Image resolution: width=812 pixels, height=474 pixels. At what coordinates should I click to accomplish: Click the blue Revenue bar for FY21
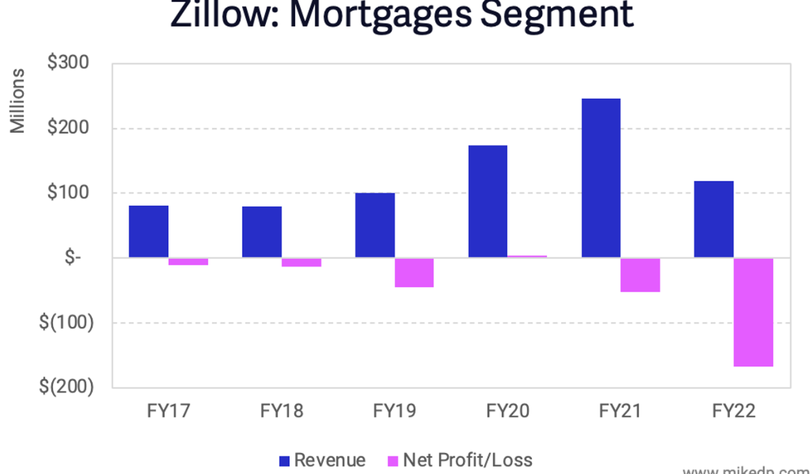pyautogui.click(x=601, y=178)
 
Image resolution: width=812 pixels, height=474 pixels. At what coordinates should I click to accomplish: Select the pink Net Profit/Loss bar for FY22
pyautogui.click(x=754, y=312)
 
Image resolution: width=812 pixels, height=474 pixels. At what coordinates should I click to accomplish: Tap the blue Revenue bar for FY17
pyautogui.click(x=148, y=232)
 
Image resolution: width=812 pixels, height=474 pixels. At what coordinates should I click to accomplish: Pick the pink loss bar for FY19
pyautogui.click(x=414, y=273)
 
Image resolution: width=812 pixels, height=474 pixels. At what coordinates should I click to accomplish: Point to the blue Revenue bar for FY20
pyautogui.click(x=488, y=202)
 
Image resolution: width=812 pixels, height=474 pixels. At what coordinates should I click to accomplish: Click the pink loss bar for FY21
pyautogui.click(x=640, y=275)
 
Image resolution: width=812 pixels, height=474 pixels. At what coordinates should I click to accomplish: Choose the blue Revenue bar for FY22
pyautogui.click(x=714, y=219)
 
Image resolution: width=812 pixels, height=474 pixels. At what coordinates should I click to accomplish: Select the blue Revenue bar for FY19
pyautogui.click(x=375, y=225)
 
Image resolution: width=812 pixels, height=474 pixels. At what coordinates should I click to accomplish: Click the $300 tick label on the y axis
pyautogui.click(x=68, y=63)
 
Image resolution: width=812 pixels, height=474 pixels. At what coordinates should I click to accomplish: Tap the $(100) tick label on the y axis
pyautogui.click(x=66, y=322)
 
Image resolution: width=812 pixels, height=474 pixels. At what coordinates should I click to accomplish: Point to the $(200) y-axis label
pyautogui.click(x=66, y=387)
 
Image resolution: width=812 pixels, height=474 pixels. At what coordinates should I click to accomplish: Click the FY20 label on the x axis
pyautogui.click(x=508, y=411)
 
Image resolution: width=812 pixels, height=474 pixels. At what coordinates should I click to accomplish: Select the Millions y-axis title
pyautogui.click(x=18, y=100)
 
